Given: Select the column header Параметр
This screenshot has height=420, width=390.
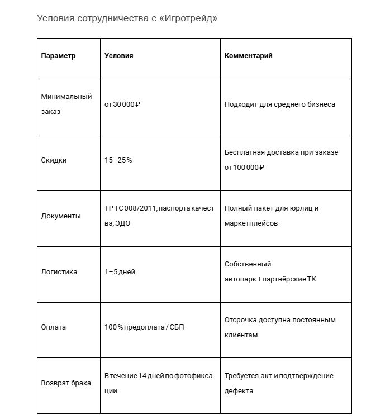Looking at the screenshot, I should point(58,56).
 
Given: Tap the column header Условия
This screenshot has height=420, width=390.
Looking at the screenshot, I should point(118,56).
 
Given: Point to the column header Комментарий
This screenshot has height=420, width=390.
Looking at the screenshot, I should point(248,56).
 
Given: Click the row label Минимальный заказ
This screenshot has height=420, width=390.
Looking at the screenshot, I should point(66,104).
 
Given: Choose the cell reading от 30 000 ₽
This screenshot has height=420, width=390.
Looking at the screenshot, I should point(122,104).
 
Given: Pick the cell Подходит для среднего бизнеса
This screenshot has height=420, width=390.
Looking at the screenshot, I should point(279,104).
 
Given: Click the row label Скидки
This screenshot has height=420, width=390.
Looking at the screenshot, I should point(54,160).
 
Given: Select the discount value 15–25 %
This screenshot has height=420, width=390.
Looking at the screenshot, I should point(118,160).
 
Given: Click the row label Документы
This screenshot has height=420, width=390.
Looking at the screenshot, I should point(61,216).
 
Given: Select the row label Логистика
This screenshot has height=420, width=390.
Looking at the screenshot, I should point(59,272).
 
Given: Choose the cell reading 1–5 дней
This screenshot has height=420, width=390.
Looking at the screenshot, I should point(120,272).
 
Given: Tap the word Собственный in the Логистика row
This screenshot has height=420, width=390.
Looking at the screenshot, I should point(248,264).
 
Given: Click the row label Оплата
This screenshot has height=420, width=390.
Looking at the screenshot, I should point(54,327).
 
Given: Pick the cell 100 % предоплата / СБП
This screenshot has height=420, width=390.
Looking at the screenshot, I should point(144,327).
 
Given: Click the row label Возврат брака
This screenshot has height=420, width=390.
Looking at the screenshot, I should point(66,383).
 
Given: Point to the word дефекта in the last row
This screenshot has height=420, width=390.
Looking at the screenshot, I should point(239,391).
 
